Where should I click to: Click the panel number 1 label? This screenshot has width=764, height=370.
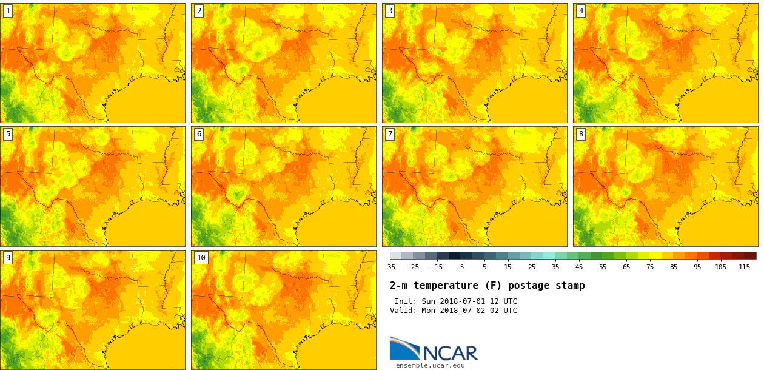pyautogui.click(x=8, y=11)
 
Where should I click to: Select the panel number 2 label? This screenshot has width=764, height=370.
pyautogui.click(x=199, y=11)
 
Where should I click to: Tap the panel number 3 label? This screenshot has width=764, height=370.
pyautogui.click(x=390, y=11)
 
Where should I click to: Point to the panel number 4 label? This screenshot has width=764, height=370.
pyautogui.click(x=581, y=11)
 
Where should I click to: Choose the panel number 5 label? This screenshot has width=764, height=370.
pyautogui.click(x=8, y=134)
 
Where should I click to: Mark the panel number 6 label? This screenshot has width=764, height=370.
pyautogui.click(x=199, y=134)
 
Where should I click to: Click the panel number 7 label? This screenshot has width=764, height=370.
pyautogui.click(x=390, y=134)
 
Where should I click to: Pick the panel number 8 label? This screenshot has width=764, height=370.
pyautogui.click(x=581, y=134)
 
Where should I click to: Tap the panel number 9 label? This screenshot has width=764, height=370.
pyautogui.click(x=8, y=258)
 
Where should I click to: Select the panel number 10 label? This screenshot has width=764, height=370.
pyautogui.click(x=201, y=258)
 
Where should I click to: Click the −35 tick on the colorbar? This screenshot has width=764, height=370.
pyautogui.click(x=389, y=267)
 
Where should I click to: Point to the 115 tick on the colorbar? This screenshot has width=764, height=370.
pyautogui.click(x=745, y=267)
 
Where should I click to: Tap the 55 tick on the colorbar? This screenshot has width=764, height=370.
pyautogui.click(x=603, y=267)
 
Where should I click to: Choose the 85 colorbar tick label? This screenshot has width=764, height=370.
pyautogui.click(x=673, y=267)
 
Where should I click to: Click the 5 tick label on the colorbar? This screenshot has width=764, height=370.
pyautogui.click(x=484, y=267)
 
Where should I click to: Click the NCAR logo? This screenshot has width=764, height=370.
pyautogui.click(x=434, y=349)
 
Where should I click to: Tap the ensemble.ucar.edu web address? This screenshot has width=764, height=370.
pyautogui.click(x=431, y=365)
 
